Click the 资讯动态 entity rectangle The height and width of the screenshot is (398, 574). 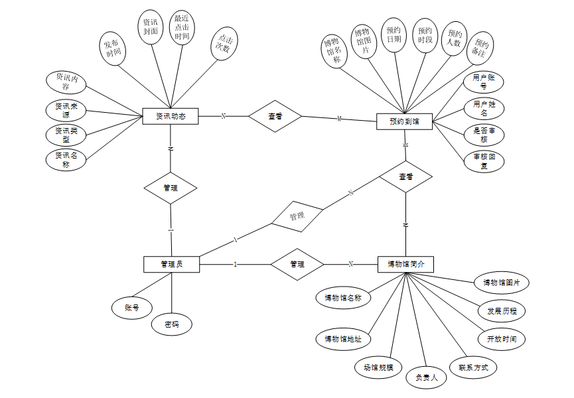pyautogui.click(x=171, y=117)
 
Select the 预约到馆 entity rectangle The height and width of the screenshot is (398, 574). pyautogui.click(x=404, y=121)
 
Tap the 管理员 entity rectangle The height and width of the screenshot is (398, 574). pyautogui.click(x=172, y=264)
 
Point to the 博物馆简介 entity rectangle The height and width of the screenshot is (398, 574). pyautogui.click(x=405, y=264)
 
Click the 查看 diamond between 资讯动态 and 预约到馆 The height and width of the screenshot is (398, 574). pyautogui.click(x=275, y=117)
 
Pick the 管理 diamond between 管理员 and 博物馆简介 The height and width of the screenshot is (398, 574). pyautogui.click(x=297, y=264)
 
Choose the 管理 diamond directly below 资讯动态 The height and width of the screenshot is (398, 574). pyautogui.click(x=171, y=188)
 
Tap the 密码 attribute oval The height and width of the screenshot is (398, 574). pyautogui.click(x=172, y=324)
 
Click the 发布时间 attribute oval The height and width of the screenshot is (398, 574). pyautogui.click(x=113, y=48)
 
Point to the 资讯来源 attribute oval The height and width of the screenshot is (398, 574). pyautogui.click(x=66, y=111)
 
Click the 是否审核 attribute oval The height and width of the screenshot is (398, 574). pyautogui.click(x=484, y=135)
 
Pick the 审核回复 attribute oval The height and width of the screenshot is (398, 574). pyautogui.click(x=484, y=162)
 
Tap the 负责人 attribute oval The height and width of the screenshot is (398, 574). pyautogui.click(x=427, y=377)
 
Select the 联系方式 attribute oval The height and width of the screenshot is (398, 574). pyautogui.click(x=473, y=367)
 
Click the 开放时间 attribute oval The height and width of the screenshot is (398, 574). pyautogui.click(x=501, y=339)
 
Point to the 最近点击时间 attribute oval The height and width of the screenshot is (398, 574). pyautogui.click(x=182, y=28)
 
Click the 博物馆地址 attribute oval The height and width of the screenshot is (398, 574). pyautogui.click(x=342, y=339)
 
